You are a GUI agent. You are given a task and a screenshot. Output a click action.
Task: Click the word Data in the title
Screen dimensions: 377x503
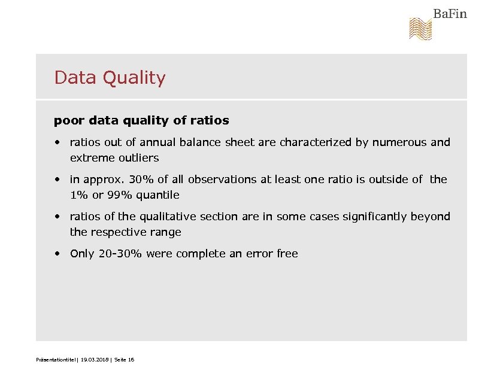coord(75,78)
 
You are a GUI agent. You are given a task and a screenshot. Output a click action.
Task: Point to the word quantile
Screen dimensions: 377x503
coord(157,196)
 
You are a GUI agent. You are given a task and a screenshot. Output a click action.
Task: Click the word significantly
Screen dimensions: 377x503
coord(374,217)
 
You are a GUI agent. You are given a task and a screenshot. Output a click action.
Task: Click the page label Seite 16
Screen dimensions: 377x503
coord(123,360)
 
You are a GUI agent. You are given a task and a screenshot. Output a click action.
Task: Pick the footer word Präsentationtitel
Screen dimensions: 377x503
coord(56,360)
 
